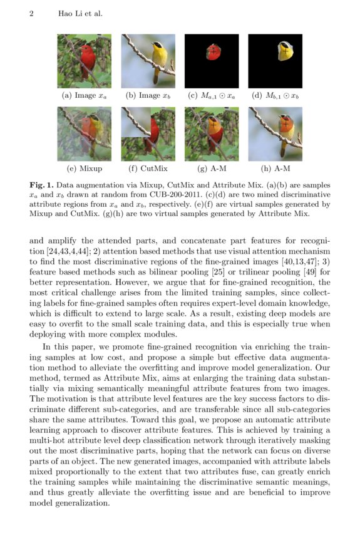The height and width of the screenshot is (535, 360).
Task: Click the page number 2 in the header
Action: pos(31,13)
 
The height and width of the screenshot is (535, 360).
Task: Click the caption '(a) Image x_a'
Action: pos(84,96)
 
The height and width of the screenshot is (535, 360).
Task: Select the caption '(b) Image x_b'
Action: pos(148,96)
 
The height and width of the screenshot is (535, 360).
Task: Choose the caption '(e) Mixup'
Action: pos(84,169)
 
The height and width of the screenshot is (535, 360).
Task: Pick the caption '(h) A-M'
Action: pos(275,169)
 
